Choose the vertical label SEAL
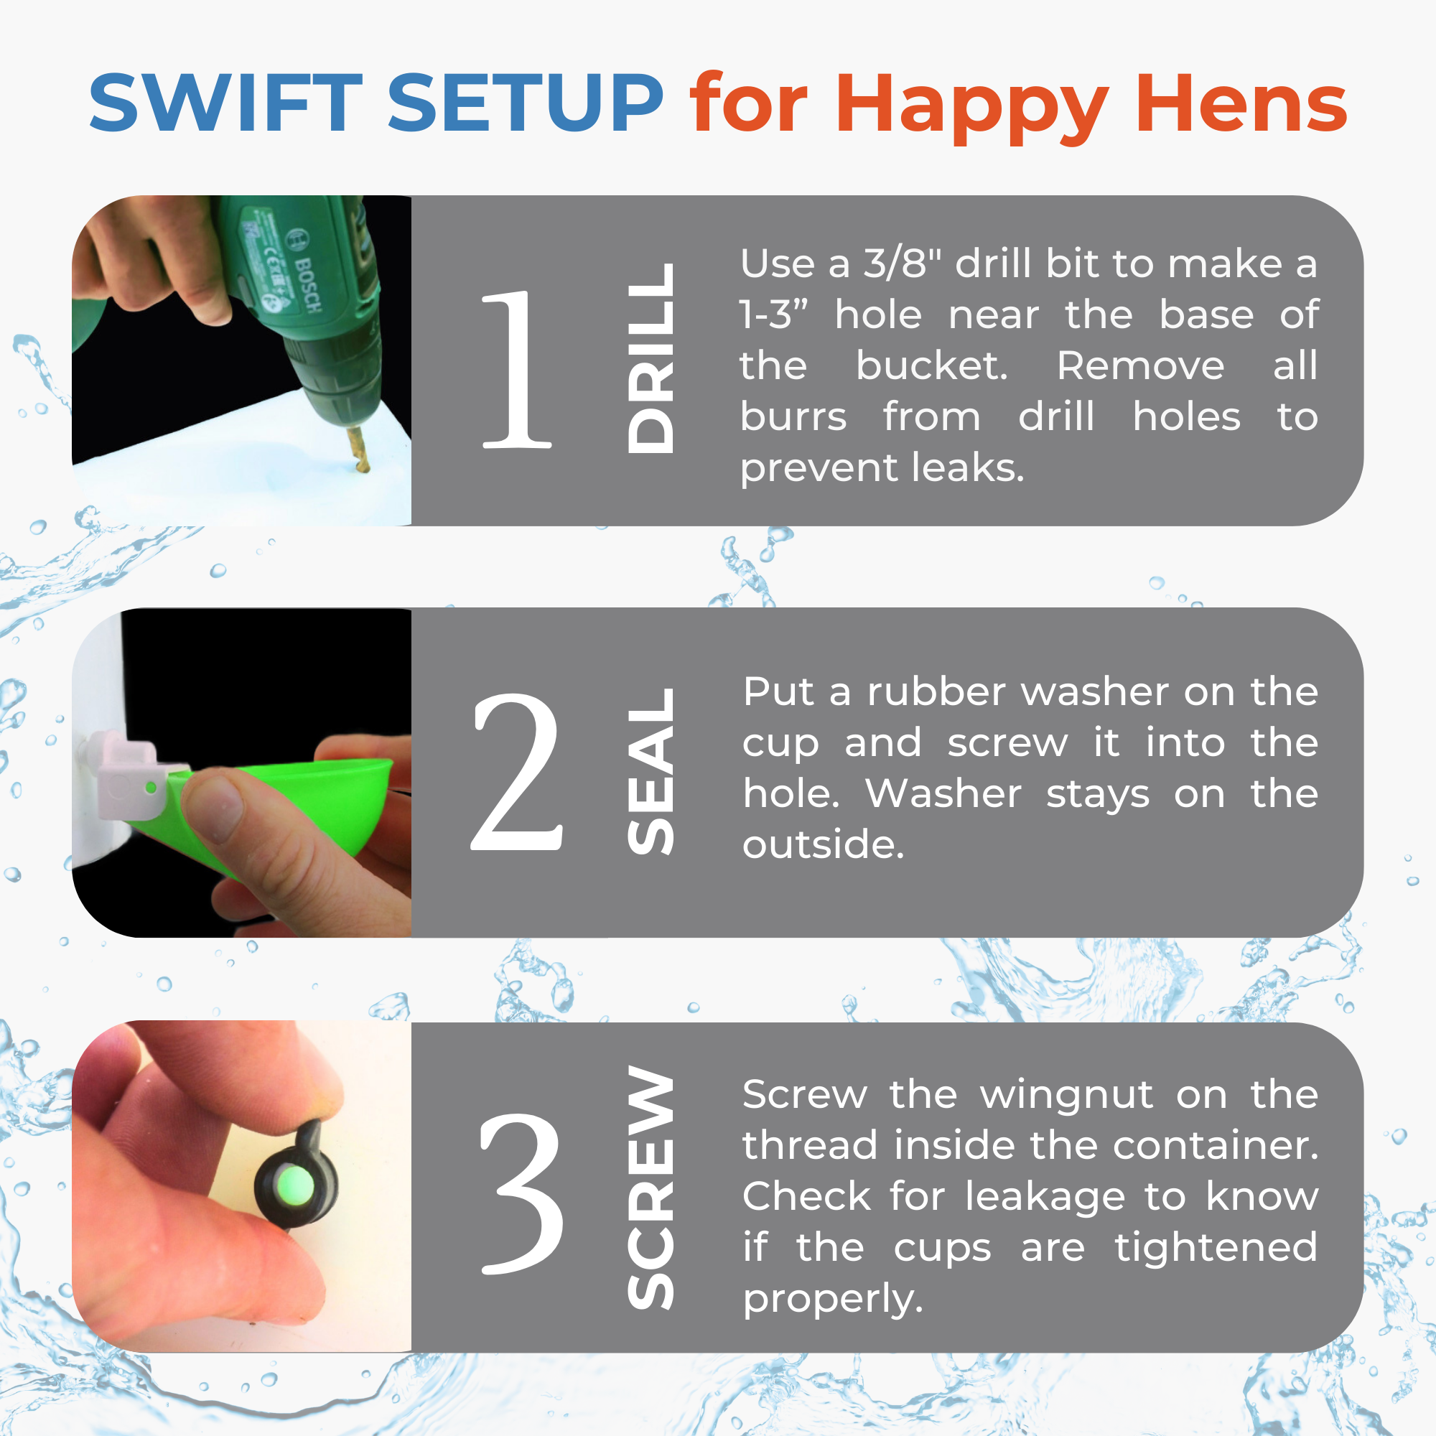(x=651, y=770)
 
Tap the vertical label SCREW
(x=651, y=1188)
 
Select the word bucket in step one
(x=932, y=365)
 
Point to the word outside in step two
(x=824, y=845)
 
